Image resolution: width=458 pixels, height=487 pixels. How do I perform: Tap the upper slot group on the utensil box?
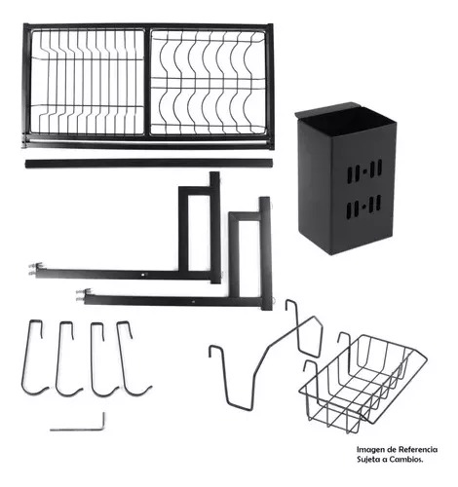pyautogui.click(x=364, y=171)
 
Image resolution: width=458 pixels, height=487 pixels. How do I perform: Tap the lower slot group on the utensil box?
pyautogui.click(x=364, y=206)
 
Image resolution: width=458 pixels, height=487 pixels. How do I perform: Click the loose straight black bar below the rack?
pyautogui.click(x=148, y=164)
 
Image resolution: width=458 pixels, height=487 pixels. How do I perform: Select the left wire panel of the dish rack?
pyautogui.click(x=87, y=82)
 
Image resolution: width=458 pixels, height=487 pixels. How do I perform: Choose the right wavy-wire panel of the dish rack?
pyautogui.click(x=208, y=82)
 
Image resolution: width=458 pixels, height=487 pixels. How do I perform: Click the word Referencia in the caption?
pyautogui.click(x=418, y=450)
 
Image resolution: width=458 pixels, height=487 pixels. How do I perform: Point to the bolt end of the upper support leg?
pyautogui.click(x=34, y=269)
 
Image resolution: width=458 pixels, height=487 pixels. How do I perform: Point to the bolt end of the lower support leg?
pyautogui.click(x=82, y=295)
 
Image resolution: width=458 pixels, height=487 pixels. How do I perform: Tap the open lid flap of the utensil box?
pyautogui.click(x=326, y=110)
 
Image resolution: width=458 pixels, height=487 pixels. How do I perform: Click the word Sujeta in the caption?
pyautogui.click(x=367, y=460)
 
